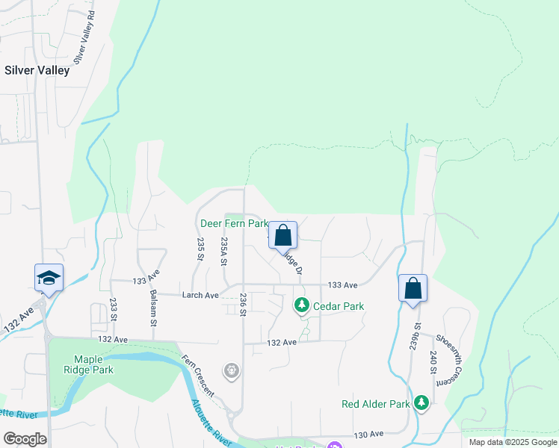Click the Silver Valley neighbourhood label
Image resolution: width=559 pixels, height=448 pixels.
point(37,70)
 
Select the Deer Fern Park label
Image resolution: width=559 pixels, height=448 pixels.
point(234,223)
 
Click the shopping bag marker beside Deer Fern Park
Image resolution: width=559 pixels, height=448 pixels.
point(283,236)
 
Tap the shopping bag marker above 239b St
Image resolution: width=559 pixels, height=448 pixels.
point(413,288)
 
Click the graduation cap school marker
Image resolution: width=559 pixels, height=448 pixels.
point(49,279)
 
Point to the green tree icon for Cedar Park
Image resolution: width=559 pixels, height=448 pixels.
point(301,305)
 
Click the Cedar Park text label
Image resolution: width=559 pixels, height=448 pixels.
point(339,306)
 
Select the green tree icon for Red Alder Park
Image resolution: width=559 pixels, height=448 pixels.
point(422,404)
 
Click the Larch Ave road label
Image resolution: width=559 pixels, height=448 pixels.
point(200,296)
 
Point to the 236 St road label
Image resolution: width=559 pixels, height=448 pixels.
point(243,304)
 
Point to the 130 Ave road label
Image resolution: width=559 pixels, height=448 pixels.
point(368,434)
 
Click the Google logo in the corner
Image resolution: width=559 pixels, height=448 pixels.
point(25,439)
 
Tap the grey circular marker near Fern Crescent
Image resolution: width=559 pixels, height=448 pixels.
point(232,370)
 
